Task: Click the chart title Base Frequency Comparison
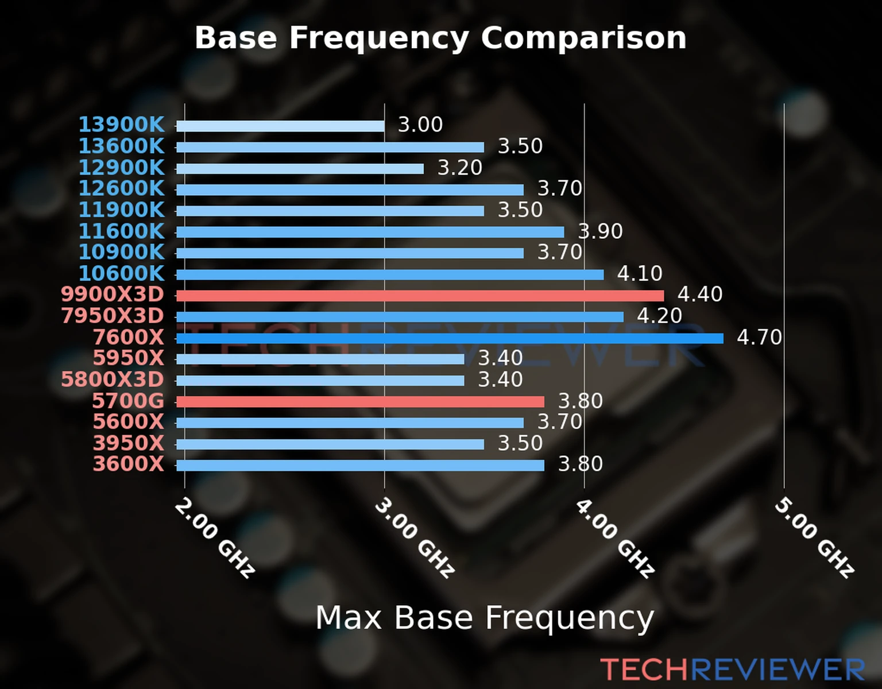tap(440, 38)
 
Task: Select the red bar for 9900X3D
tap(420, 296)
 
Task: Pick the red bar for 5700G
tap(360, 401)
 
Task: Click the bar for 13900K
tap(280, 126)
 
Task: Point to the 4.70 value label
tap(759, 337)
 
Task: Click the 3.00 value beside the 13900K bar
tap(420, 125)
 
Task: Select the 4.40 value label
tap(700, 295)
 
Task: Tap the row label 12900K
tap(121, 168)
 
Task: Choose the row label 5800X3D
tap(113, 380)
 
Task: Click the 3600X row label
tap(129, 464)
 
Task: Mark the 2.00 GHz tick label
tap(214, 537)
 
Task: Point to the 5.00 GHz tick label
tap(814, 537)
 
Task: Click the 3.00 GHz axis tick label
tap(415, 537)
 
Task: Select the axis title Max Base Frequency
tap(485, 618)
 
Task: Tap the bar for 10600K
tap(390, 274)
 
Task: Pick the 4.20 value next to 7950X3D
tap(659, 316)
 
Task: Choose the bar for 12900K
tap(300, 169)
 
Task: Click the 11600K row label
tap(121, 231)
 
